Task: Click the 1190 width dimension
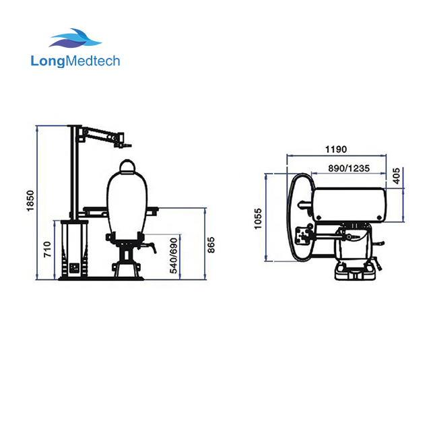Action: [x=335, y=149]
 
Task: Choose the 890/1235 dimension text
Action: [x=348, y=168]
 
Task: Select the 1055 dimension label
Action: [x=258, y=218]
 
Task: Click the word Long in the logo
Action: [x=48, y=61]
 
